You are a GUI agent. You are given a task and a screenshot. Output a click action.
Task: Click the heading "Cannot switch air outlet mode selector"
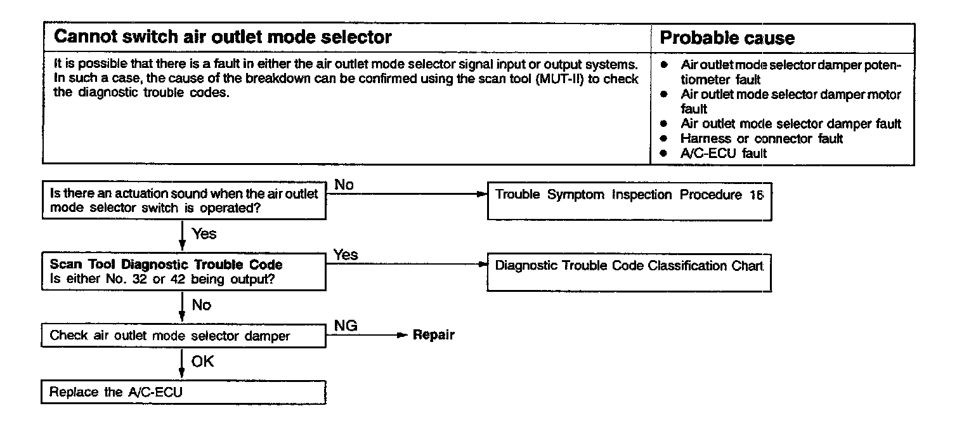pos(223,37)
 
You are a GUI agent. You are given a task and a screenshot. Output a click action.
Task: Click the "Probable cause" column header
pos(727,38)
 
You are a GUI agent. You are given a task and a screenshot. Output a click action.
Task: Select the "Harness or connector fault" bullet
pos(761,138)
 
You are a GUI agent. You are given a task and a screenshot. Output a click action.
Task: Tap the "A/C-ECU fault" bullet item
pos(723,153)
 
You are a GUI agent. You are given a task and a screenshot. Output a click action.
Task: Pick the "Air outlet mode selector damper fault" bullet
pos(790,124)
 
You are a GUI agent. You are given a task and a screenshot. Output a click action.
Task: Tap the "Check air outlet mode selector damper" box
pos(183,336)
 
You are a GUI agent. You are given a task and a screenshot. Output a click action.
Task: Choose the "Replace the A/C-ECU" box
pos(183,392)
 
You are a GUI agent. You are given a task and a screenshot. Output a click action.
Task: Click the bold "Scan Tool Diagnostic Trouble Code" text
pos(166,265)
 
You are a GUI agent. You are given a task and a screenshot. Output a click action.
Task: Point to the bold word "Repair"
pos(434,335)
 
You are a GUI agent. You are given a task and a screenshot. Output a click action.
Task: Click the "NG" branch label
pos(346,326)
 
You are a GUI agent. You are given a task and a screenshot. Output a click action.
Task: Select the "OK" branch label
pos(203,361)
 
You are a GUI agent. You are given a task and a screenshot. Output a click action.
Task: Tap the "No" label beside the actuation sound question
pos(344,185)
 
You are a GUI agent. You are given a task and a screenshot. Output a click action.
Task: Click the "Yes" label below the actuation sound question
pos(204,233)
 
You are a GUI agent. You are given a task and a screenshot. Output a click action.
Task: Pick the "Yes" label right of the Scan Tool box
pos(346,255)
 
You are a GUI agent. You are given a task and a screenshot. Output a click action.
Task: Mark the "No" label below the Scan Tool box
pos(202,305)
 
